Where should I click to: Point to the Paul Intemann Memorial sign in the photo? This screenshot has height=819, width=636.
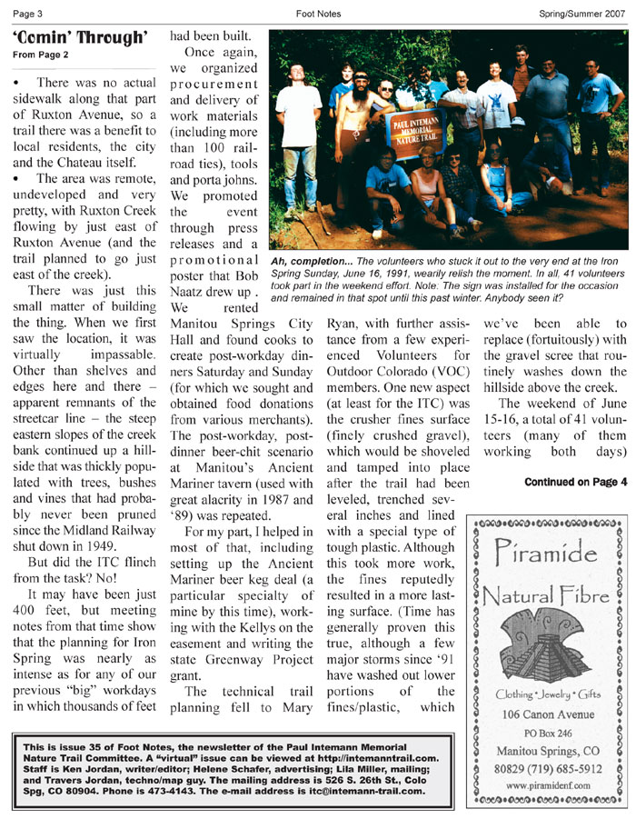[416, 126]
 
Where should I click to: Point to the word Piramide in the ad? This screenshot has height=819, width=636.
[545, 551]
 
